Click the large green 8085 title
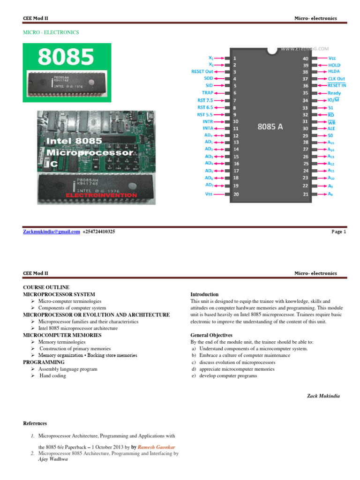pos(66,57)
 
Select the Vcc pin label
pos(332,58)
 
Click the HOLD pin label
pos(335,65)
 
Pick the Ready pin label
pos(334,93)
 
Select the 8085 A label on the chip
pos(270,127)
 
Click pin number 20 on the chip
pos(236,194)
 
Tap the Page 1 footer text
pos(338,232)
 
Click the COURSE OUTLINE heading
pos(46,287)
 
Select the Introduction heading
pos(204,294)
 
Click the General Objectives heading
pos(211,335)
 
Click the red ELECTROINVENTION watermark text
pos(102,195)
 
